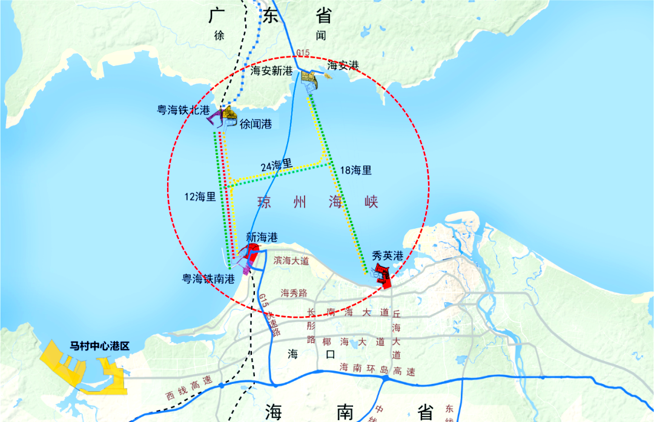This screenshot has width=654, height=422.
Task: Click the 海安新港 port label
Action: (272, 71)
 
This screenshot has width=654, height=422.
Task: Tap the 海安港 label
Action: (343, 65)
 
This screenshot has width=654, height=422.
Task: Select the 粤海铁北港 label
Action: (183, 110)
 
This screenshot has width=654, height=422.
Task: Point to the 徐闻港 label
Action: (256, 124)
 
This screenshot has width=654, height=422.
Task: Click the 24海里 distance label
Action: (277, 165)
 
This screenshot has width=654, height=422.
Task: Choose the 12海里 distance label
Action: (200, 196)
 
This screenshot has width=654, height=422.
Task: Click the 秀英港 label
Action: (388, 256)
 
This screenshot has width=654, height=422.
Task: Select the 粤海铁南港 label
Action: (210, 279)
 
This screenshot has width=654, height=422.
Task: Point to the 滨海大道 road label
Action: (291, 261)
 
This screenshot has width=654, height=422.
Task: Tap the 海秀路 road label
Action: (295, 293)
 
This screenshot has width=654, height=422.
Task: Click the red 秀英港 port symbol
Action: (383, 275)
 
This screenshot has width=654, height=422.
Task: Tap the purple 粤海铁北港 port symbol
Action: (216, 119)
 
